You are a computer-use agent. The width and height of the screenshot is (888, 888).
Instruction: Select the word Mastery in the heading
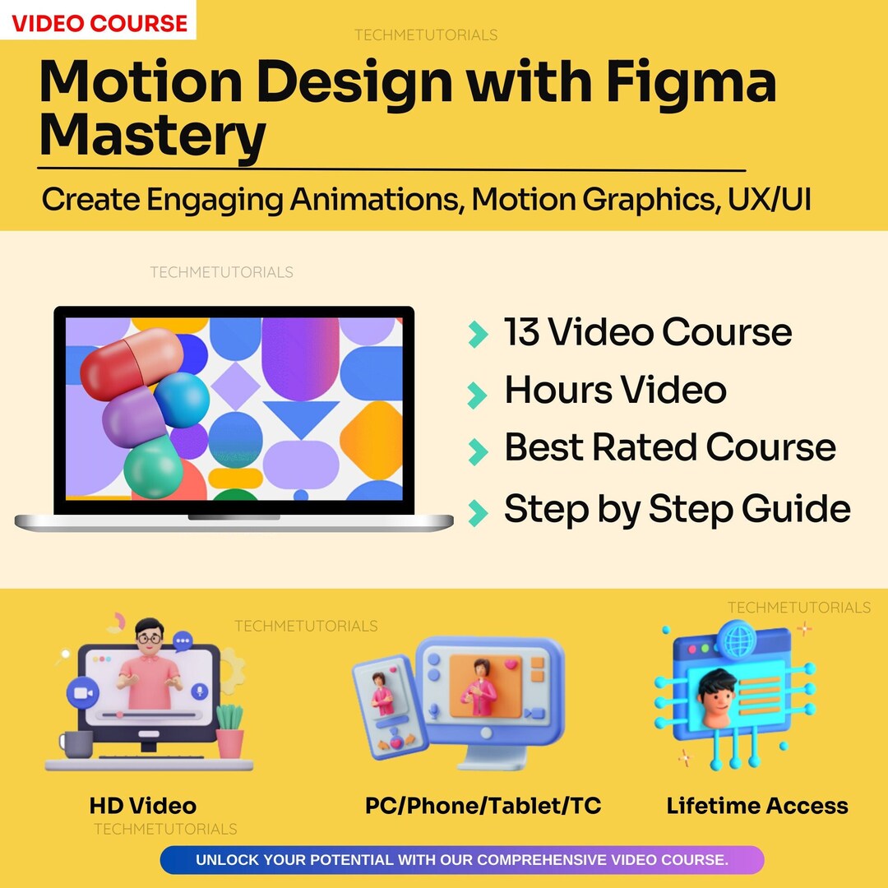pos(152,136)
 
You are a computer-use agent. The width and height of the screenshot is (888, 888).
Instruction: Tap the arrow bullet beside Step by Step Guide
pos(477,511)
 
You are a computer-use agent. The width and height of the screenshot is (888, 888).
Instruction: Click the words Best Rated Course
pos(669,447)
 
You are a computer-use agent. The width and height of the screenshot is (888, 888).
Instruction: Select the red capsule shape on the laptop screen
pos(132,363)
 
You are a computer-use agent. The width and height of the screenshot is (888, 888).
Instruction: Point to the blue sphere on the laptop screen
pos(182,400)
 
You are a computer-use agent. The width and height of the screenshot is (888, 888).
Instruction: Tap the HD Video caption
pos(143,806)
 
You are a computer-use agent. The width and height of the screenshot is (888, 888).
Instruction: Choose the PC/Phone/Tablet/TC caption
pos(483,806)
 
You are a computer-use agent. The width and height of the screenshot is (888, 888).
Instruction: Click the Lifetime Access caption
pos(757,806)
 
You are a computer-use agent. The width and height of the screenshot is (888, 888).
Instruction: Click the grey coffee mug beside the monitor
pos(76,745)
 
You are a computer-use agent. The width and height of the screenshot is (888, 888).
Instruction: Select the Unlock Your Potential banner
pos(461,860)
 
